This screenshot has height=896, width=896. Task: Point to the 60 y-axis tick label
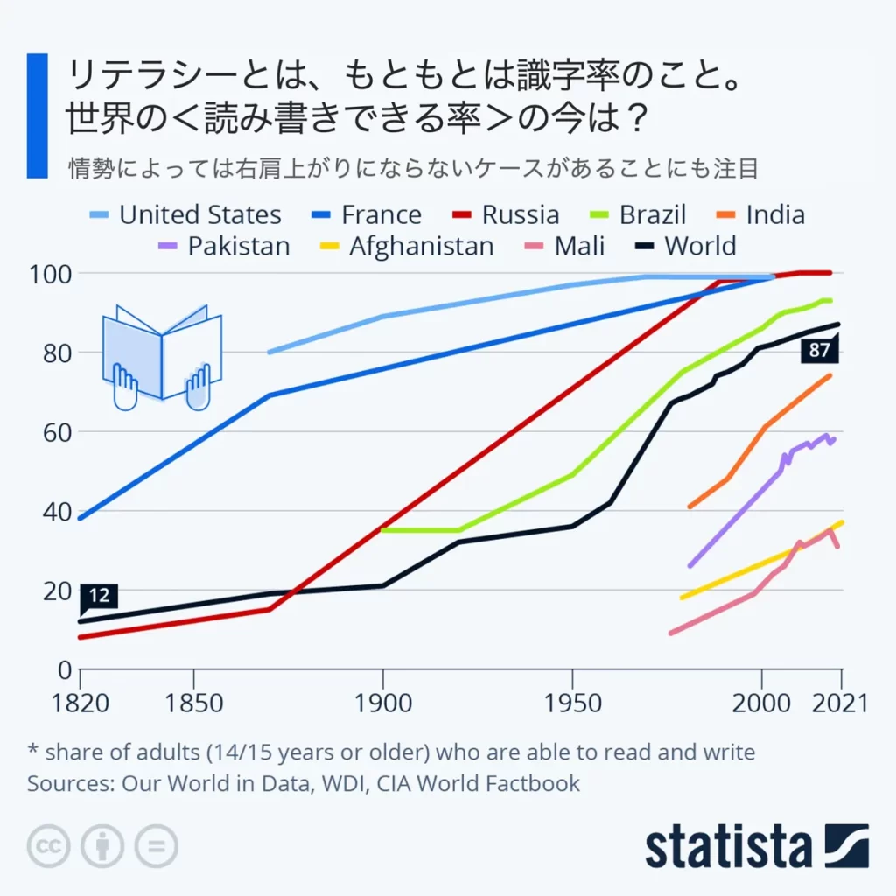54,432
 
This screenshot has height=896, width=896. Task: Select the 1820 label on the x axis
80,703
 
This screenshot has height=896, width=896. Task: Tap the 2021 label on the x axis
839,703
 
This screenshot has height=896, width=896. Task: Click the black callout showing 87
820,352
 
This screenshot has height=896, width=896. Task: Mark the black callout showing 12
99,597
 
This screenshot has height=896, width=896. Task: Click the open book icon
162,356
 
